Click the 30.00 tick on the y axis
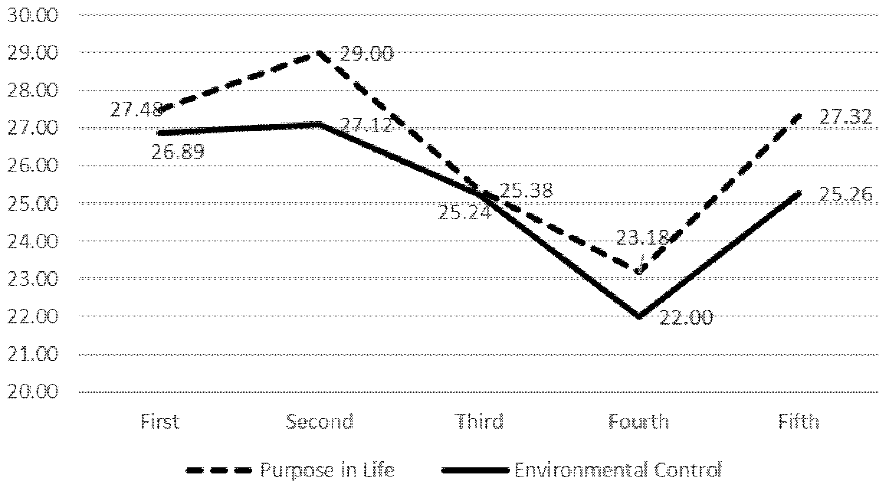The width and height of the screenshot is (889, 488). [32, 15]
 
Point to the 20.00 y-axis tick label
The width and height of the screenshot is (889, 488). [32, 392]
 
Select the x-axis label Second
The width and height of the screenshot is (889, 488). [320, 422]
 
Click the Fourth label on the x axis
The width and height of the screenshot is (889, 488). [638, 422]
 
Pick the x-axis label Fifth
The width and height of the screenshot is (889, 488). [799, 422]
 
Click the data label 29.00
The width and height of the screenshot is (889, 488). [366, 54]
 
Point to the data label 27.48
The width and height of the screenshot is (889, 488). [136, 110]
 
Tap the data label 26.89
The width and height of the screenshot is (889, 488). [178, 152]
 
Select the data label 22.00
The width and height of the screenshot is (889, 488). [686, 318]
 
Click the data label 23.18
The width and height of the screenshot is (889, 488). [643, 238]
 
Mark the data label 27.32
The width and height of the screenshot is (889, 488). [845, 117]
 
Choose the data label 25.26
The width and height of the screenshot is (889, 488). [845, 195]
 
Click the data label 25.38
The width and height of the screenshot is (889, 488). [526, 191]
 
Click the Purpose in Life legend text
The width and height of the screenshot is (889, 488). [327, 470]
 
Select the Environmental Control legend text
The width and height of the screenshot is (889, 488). [618, 470]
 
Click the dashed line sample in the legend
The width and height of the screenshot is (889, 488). [218, 470]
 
